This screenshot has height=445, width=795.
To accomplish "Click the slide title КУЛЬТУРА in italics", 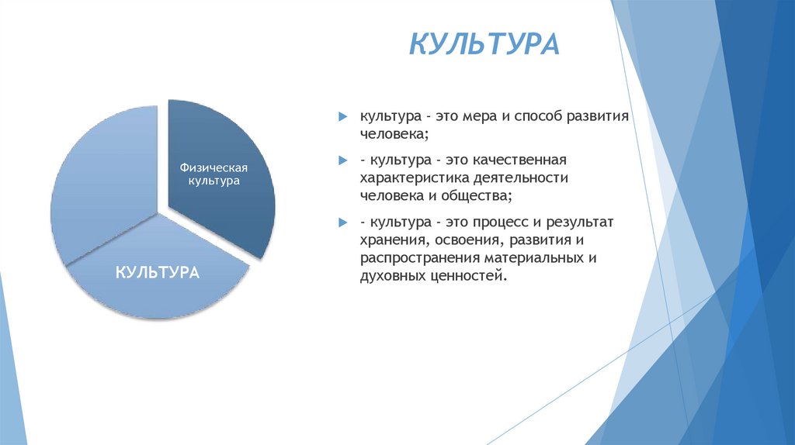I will [x=484, y=43].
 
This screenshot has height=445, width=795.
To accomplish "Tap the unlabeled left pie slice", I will [x=101, y=186].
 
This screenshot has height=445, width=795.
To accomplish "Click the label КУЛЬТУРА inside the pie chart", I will [x=158, y=272].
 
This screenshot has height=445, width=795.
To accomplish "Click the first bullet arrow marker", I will [x=342, y=116].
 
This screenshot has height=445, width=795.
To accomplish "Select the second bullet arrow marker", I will [x=342, y=160].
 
